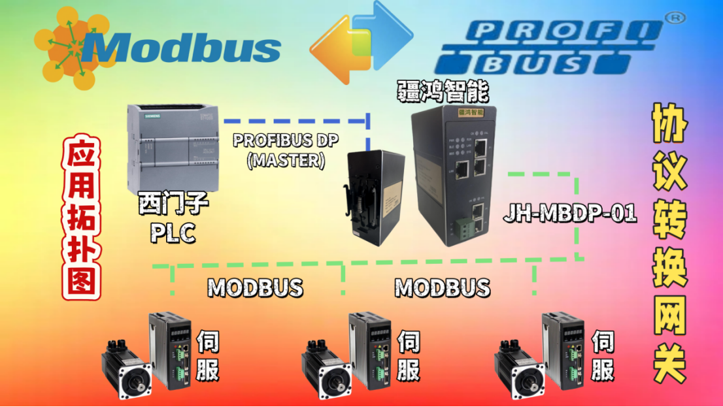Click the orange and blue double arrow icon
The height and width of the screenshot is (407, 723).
361,43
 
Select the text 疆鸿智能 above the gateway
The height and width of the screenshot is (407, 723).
443,92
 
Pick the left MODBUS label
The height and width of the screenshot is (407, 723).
255,287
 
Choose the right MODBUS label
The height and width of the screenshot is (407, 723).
442,287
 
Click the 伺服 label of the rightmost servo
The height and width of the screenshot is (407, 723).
603,356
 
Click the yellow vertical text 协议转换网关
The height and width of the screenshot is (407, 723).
669,242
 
